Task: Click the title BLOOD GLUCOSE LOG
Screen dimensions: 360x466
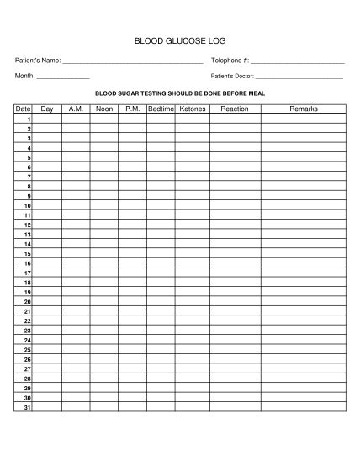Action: point(180,40)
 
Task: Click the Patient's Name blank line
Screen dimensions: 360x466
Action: point(133,62)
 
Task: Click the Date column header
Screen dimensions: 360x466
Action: point(23,109)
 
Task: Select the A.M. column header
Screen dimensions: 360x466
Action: point(76,109)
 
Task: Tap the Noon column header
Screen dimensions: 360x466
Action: point(104,109)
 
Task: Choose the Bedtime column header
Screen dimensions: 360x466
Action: point(161,109)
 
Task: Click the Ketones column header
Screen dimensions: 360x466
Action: point(192,109)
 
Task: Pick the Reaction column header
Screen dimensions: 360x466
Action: point(234,109)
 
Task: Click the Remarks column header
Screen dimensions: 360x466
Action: point(303,109)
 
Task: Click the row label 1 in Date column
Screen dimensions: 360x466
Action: point(29,119)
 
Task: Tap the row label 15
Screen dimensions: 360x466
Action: point(28,253)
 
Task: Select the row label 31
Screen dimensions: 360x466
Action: point(28,407)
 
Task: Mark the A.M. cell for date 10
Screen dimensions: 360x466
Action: point(76,205)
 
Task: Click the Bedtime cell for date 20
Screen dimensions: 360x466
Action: point(161,301)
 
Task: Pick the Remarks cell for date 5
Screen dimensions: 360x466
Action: point(303,157)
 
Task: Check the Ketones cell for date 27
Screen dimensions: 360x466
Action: point(192,368)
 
